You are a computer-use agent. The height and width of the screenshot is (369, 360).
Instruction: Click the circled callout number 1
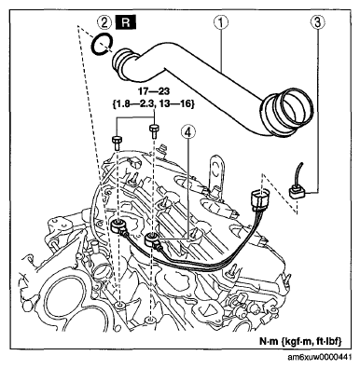[x=221, y=22]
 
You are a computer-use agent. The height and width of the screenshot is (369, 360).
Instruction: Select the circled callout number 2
[x=103, y=22]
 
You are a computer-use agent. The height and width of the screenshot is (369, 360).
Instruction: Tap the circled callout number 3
[x=318, y=22]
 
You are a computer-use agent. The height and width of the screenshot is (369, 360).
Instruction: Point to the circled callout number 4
[x=189, y=132]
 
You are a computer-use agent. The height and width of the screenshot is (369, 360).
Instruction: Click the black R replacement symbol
[x=125, y=22]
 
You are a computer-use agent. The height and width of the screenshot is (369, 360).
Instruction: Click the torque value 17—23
[x=154, y=93]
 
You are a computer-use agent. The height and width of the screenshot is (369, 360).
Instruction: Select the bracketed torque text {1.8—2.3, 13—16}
[x=153, y=104]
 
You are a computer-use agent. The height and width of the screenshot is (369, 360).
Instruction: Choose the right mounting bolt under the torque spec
[x=154, y=130]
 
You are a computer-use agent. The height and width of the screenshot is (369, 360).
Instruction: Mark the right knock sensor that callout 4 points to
[x=152, y=239]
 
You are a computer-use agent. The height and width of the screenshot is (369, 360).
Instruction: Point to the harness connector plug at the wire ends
[x=258, y=198]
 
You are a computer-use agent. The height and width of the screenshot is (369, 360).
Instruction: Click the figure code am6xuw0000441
[x=320, y=357]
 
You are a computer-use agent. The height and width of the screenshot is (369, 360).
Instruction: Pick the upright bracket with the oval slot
[x=216, y=174]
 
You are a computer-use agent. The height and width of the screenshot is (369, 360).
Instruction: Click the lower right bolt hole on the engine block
[x=150, y=319]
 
